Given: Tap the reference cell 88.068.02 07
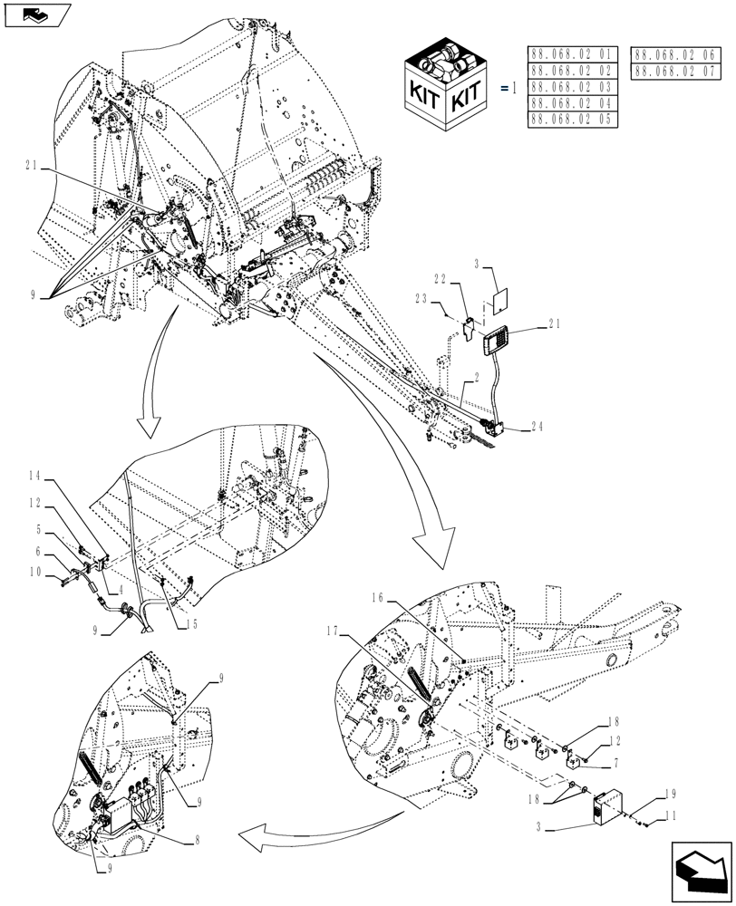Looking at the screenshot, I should click(x=676, y=70).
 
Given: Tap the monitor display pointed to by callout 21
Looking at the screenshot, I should click(x=498, y=343).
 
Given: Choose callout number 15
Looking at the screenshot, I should click(x=190, y=623).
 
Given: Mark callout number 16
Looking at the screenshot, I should click(x=379, y=599).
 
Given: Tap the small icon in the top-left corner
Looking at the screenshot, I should click(x=36, y=15).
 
